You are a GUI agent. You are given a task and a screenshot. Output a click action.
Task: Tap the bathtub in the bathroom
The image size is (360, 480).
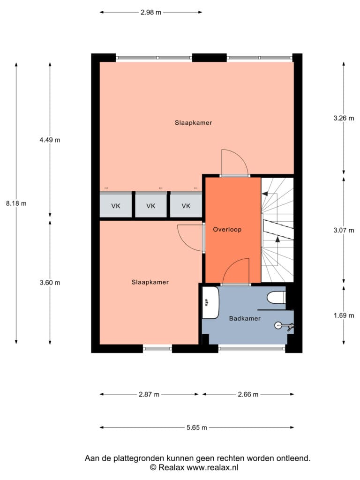[x=210, y=303]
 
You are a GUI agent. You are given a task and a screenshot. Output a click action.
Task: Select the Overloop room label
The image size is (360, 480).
[x=227, y=229]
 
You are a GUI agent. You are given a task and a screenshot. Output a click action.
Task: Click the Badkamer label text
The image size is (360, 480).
[x=245, y=318]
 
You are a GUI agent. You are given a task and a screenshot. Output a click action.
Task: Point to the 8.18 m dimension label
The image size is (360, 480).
[x=16, y=203]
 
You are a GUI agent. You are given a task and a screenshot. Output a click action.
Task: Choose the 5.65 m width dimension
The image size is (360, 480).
[x=197, y=427]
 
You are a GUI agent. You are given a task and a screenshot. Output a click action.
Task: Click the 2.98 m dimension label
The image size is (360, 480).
[x=151, y=12]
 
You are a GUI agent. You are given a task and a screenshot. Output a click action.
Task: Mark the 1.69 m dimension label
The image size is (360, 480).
[x=344, y=315]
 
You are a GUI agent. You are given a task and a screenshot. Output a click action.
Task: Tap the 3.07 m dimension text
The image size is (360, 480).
[x=344, y=230]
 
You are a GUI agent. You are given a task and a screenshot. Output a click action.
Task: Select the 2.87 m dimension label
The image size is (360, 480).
[x=149, y=394]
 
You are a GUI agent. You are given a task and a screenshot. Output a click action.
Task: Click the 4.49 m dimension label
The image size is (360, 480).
[x=50, y=140]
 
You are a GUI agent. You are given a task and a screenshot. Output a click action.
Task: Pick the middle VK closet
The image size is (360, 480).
[x=151, y=205]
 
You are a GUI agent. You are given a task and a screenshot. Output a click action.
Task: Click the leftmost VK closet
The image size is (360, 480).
[x=116, y=205]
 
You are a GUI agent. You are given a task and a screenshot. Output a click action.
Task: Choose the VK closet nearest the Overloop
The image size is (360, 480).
[x=186, y=205]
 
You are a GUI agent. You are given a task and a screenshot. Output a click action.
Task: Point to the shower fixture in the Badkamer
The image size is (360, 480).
[x=284, y=326]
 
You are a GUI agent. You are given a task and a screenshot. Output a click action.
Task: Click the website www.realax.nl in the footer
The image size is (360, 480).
[x=212, y=467]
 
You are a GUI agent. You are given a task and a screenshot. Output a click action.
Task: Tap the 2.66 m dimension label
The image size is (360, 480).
[x=248, y=394]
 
